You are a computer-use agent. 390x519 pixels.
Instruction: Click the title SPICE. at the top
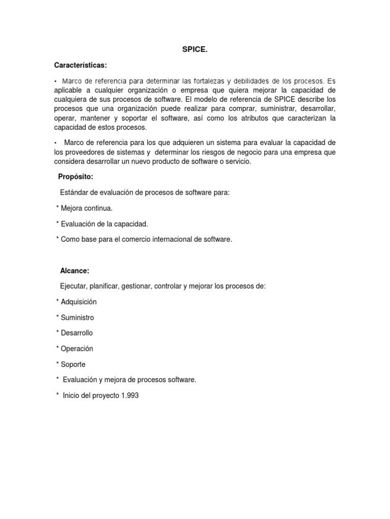point(195,50)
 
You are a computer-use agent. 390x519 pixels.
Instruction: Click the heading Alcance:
point(75,271)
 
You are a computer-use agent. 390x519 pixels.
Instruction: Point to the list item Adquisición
point(78,302)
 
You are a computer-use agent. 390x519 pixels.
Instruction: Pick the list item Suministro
point(77,318)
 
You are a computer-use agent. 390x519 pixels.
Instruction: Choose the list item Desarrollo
point(77,333)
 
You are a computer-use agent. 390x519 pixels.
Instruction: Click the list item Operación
point(77,349)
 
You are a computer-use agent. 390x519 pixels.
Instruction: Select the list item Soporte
point(73,364)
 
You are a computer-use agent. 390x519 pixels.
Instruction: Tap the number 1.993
point(129,395)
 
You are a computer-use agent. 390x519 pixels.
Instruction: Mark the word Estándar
point(74,192)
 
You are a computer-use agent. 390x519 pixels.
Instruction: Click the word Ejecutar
point(74,286)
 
